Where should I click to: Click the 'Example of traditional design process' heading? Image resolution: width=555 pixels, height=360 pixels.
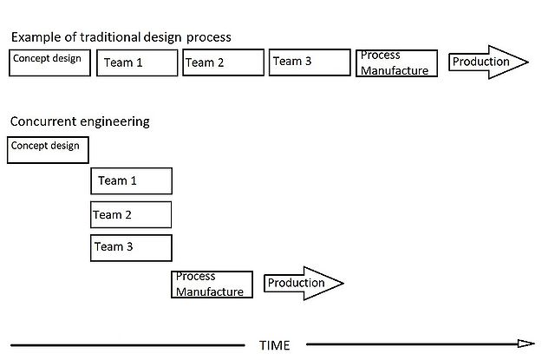point(121,37)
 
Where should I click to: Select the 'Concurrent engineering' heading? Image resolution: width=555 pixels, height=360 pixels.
point(80,121)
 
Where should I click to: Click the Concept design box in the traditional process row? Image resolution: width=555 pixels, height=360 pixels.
point(49,62)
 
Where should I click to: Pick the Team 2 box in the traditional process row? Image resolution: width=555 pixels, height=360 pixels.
point(223,62)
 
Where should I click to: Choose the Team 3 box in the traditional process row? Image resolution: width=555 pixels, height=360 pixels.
point(309,62)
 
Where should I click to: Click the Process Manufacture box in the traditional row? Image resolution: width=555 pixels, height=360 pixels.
point(396,62)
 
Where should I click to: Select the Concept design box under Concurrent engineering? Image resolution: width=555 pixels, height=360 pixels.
point(49,150)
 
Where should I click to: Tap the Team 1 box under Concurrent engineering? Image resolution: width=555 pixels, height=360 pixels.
point(132,180)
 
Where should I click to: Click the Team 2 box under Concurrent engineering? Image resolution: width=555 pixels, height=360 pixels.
point(131,214)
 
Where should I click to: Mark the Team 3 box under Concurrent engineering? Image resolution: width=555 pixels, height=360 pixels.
point(131,247)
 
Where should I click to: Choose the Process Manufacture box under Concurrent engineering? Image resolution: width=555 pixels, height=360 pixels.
point(212,285)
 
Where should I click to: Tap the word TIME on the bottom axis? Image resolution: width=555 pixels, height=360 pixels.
point(275,345)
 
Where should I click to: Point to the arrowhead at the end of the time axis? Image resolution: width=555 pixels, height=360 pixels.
point(526,344)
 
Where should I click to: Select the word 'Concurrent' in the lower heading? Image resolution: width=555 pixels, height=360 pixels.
point(43,121)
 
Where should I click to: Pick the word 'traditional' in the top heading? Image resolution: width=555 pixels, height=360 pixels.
point(108,37)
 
